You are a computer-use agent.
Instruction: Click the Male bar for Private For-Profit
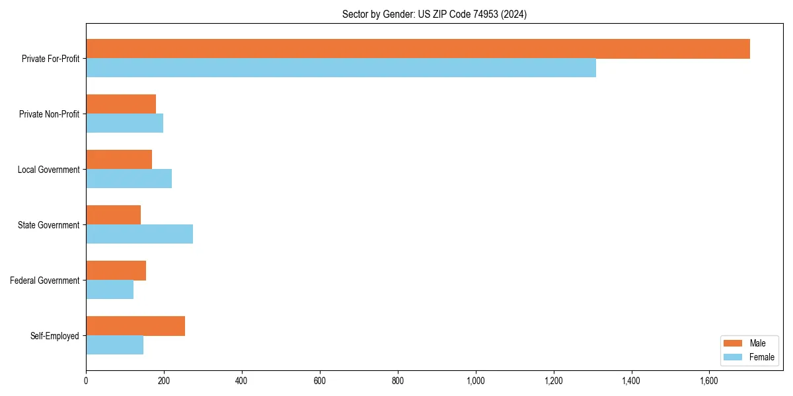(x=418, y=49)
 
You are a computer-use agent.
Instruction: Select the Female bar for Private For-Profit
(x=341, y=68)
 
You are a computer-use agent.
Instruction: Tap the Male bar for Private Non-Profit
(x=121, y=104)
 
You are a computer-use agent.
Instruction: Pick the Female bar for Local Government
(x=129, y=179)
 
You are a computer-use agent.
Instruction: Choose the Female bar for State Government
(x=139, y=234)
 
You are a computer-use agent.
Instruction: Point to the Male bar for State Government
(x=113, y=215)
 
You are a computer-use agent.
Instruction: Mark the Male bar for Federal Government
(x=116, y=271)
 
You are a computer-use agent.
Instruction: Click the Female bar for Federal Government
(x=110, y=290)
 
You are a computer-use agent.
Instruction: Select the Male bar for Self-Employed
(x=135, y=326)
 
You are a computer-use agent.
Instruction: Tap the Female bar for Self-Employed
(x=114, y=345)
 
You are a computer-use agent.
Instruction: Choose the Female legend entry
(x=749, y=357)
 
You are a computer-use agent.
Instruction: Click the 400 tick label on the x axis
(x=242, y=381)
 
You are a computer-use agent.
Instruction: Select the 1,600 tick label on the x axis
(x=710, y=381)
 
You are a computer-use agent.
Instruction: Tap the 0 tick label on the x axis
(x=86, y=381)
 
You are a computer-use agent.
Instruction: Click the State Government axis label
(x=48, y=225)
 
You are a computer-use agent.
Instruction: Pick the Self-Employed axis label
(x=54, y=336)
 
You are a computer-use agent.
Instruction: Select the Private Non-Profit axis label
(x=49, y=114)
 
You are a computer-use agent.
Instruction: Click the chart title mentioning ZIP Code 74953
(x=434, y=14)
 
